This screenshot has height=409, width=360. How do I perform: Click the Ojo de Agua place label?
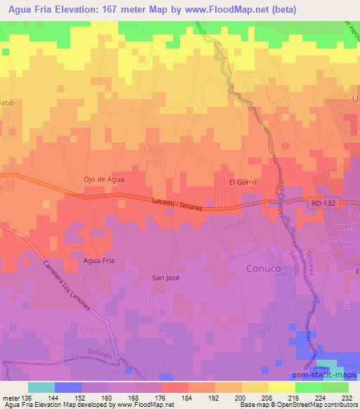(x=104, y=179)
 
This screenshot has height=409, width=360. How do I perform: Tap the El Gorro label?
(x=242, y=182)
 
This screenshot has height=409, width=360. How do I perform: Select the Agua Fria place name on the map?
(x=98, y=261)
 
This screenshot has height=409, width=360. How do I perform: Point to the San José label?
(x=167, y=277)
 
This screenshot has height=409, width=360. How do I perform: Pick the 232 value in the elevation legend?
(x=349, y=397)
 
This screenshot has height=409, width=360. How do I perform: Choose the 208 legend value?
(x=268, y=397)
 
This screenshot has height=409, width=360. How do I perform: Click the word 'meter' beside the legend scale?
(x=11, y=397)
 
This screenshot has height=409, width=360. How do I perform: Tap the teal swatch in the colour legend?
(x=41, y=387)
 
